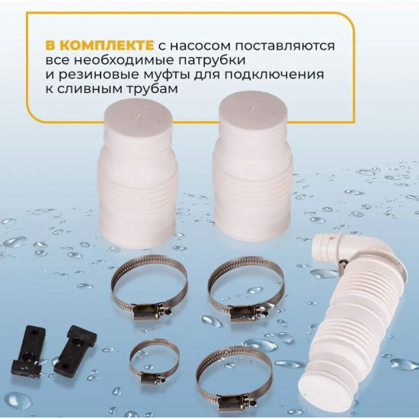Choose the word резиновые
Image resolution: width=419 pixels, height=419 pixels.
(110, 75)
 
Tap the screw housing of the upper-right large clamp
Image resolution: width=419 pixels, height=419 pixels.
(245, 309)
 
